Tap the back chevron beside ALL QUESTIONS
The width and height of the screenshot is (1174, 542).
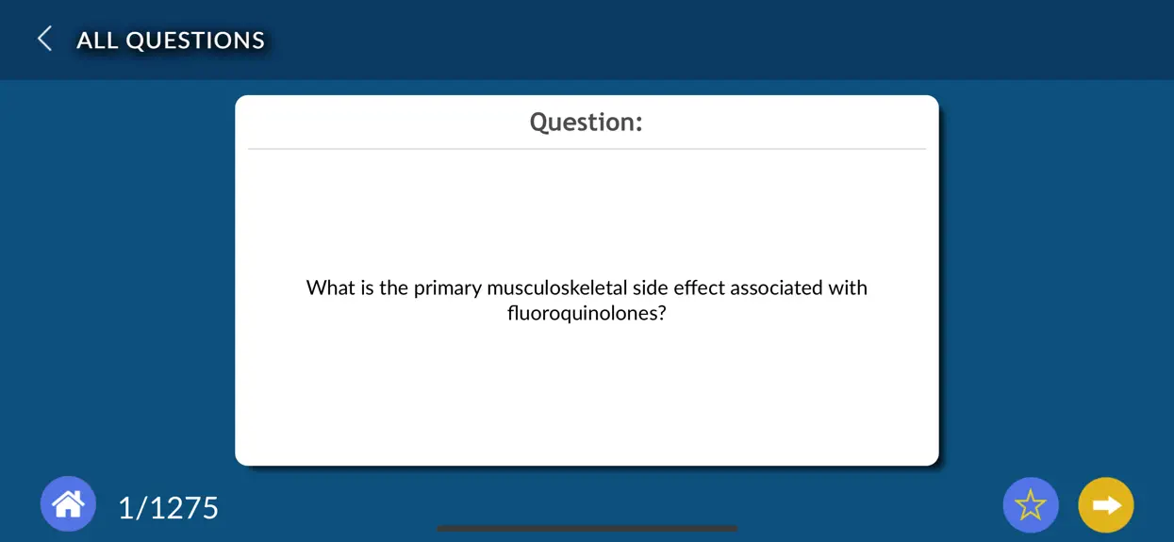coord(44,39)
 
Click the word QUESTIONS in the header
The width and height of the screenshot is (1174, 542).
coord(195,41)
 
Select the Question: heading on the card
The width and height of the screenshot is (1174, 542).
coord(586,122)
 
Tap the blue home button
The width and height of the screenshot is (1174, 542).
coord(68,503)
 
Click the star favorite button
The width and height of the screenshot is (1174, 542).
coord(1031,505)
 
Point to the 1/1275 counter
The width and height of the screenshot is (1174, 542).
coord(168,508)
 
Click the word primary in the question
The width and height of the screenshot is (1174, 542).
coord(447,289)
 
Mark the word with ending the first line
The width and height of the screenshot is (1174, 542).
coord(848,287)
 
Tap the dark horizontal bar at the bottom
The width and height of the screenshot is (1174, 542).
coord(587,529)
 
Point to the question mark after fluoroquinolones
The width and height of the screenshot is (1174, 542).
coord(661,313)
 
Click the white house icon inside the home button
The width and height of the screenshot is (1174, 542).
coord(68,503)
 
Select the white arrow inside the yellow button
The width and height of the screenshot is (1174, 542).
coord(1106,505)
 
